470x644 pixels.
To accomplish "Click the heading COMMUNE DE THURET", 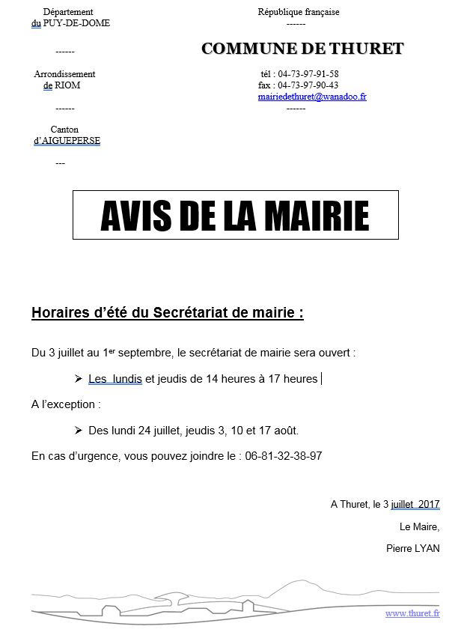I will coord(302,49).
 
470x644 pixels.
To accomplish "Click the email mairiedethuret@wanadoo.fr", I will coord(311,97).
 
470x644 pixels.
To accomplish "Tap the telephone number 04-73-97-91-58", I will coord(308,74).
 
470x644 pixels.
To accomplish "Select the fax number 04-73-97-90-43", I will coord(308,85).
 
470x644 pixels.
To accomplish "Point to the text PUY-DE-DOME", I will coord(77,23).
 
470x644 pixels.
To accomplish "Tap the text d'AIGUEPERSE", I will coord(67,141).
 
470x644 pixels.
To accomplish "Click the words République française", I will coord(298,12).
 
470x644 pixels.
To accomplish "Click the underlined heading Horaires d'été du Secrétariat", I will coord(167,313).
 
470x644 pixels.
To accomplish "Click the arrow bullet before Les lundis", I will coord(79,379).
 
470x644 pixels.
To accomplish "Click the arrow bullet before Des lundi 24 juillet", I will coord(79,431).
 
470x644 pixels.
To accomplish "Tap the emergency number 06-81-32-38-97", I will coord(283,456).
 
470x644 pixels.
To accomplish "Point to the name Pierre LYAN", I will coord(412,548).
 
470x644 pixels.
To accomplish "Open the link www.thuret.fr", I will coord(412,613).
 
